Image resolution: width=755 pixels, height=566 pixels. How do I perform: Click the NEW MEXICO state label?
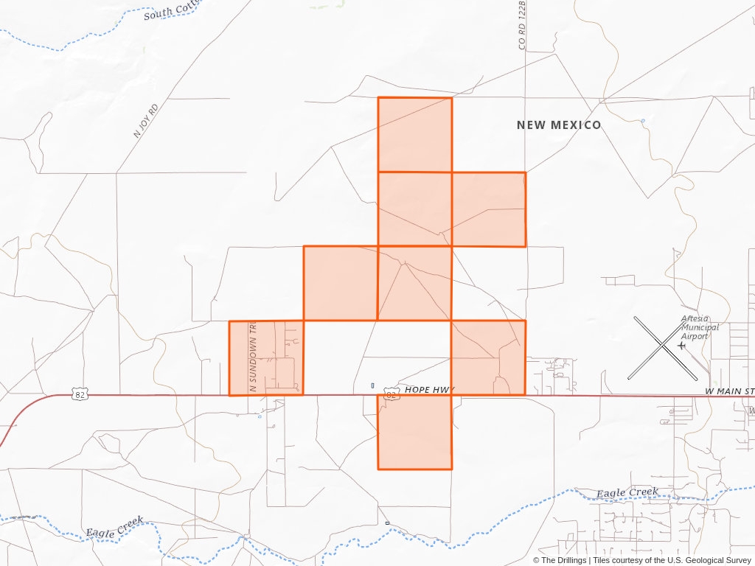(x=558, y=125)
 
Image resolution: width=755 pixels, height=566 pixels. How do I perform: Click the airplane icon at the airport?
(x=680, y=345)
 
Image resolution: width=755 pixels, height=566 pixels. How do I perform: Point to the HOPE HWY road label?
(x=430, y=389)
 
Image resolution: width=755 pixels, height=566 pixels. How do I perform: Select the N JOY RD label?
(x=146, y=121)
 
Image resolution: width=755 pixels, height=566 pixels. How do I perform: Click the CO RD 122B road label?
(x=522, y=25)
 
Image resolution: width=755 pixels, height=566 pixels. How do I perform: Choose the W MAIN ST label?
(x=729, y=391)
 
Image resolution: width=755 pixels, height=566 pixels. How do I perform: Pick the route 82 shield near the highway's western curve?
(x=79, y=395)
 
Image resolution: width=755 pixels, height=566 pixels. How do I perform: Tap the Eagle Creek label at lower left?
(x=114, y=526)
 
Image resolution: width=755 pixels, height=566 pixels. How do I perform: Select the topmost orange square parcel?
(x=414, y=134)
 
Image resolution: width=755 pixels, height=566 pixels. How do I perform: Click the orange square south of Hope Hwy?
(x=414, y=432)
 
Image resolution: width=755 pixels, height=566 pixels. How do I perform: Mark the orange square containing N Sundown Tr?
(x=266, y=357)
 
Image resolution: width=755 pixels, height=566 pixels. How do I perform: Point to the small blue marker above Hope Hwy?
(x=372, y=385)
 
